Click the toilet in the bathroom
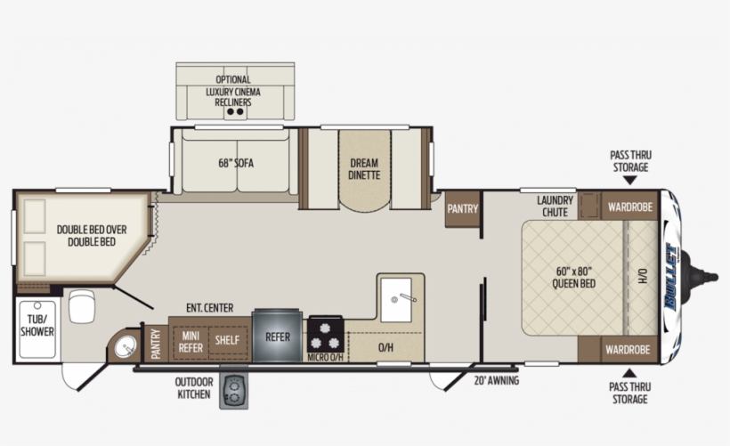click(81, 306)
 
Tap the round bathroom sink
click(125, 345)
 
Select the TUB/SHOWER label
click(36, 324)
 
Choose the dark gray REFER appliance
click(277, 337)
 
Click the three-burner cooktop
click(326, 337)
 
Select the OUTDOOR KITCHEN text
click(193, 387)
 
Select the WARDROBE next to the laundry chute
click(630, 207)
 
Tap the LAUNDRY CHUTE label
click(555, 207)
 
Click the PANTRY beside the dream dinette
click(463, 209)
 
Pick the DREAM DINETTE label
click(363, 168)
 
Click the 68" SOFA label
click(234, 163)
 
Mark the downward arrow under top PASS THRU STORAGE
click(629, 180)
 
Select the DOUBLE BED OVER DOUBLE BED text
click(92, 235)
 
